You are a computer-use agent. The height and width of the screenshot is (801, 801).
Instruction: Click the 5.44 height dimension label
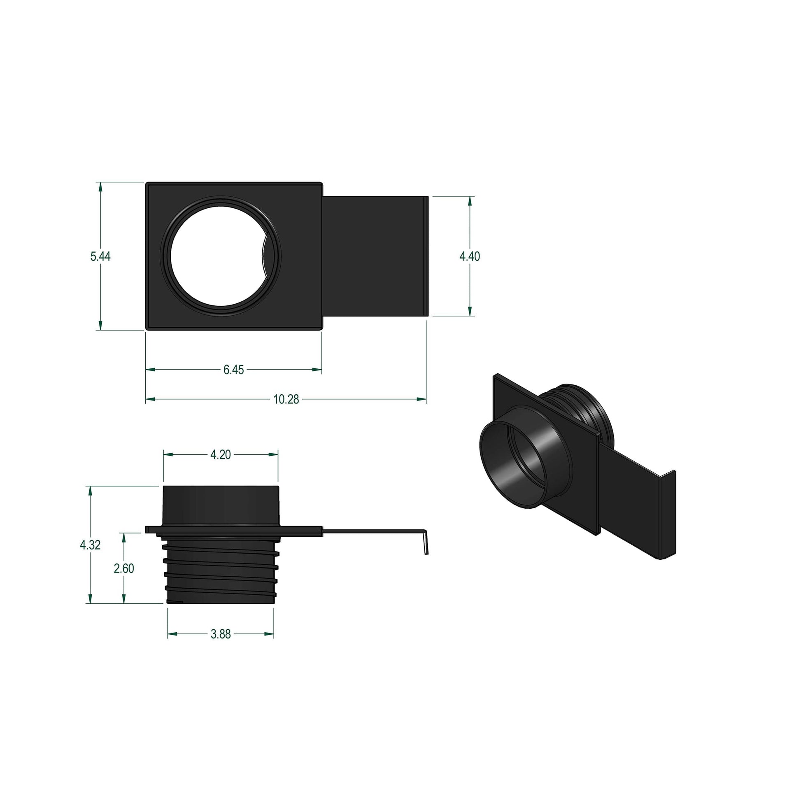(100, 256)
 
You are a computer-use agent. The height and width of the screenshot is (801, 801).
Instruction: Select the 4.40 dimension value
(469, 256)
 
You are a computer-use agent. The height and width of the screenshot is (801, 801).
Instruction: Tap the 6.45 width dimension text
(233, 370)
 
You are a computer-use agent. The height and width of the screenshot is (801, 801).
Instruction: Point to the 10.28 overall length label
(286, 399)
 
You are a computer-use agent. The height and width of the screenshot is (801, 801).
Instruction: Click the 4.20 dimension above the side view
(220, 455)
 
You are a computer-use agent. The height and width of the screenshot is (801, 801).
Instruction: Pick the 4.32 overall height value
(90, 545)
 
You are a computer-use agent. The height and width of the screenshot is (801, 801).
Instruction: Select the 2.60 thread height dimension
(124, 568)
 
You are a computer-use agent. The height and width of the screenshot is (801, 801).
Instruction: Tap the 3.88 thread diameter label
(220, 634)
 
